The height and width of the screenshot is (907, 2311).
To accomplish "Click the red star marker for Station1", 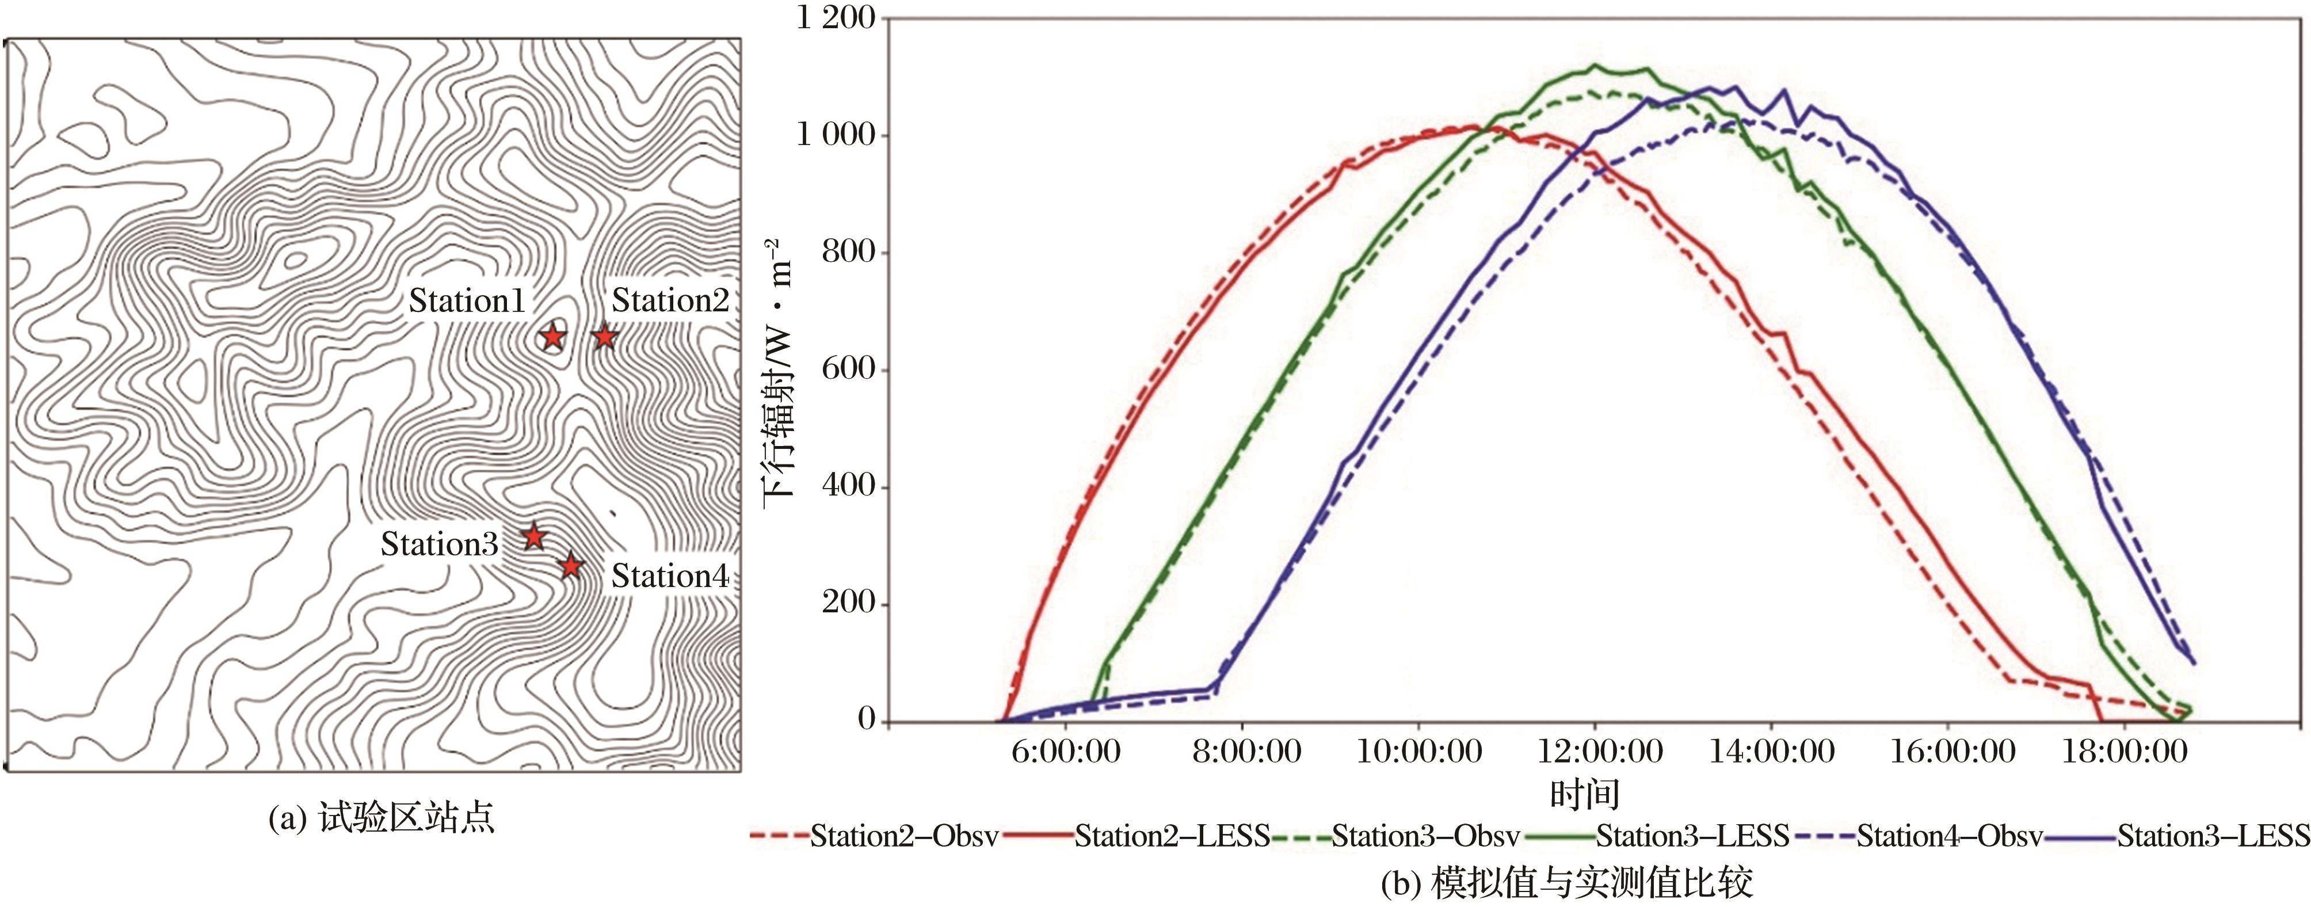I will pyautogui.click(x=552, y=337).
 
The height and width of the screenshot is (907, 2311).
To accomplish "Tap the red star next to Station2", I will pyautogui.click(x=605, y=337).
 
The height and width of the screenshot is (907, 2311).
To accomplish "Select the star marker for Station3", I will pyautogui.click(x=534, y=538).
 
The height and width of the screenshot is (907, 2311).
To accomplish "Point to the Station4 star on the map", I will pyautogui.click(x=571, y=566).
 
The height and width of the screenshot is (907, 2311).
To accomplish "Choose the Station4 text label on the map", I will pyautogui.click(x=669, y=576).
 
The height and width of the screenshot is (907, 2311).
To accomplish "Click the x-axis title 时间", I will pyautogui.click(x=1585, y=793).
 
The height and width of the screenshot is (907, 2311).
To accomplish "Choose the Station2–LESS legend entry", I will pyautogui.click(x=1172, y=836).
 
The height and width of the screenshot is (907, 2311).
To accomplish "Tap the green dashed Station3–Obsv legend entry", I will pyautogui.click(x=1425, y=836).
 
